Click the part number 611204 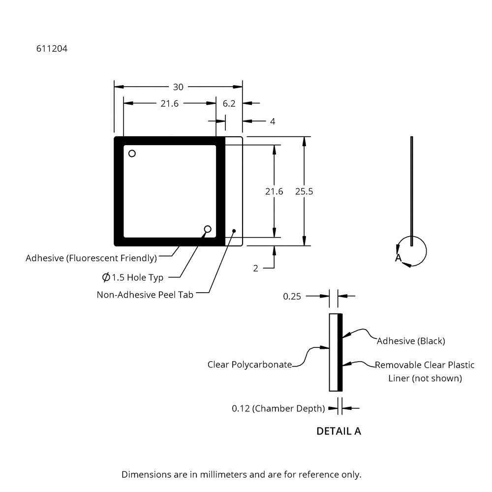(x=52, y=49)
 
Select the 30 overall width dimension (x=178, y=87)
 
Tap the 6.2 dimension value (x=229, y=103)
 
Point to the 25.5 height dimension (x=304, y=191)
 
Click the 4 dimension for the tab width (x=273, y=121)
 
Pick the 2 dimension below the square (x=255, y=268)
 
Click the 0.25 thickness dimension (x=292, y=296)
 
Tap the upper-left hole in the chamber (x=132, y=154)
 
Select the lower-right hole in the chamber (x=208, y=229)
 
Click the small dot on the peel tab (x=234, y=230)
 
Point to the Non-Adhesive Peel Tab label (x=145, y=295)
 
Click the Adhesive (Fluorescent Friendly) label (x=91, y=258)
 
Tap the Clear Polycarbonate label (x=249, y=365)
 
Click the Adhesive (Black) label (x=411, y=341)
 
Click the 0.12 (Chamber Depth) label (x=278, y=408)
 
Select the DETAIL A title (x=338, y=431)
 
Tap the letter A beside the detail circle (x=398, y=258)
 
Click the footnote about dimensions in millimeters (x=241, y=475)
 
